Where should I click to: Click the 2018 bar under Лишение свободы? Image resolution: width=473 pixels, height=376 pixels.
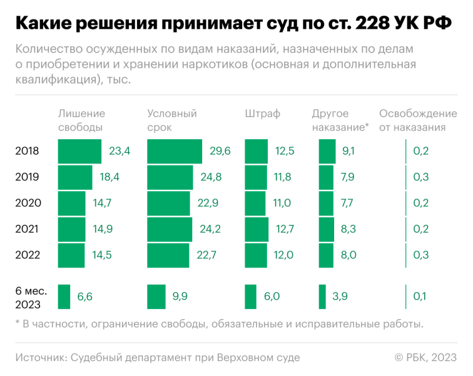(x=79, y=151)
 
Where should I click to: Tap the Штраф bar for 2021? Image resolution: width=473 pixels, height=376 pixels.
(x=257, y=229)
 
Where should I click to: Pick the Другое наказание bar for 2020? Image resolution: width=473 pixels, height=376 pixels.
(x=326, y=203)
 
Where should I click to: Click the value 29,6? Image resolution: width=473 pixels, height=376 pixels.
(x=220, y=151)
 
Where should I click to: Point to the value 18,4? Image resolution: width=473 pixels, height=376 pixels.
(x=109, y=177)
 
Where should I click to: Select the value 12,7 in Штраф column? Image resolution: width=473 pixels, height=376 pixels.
(x=284, y=229)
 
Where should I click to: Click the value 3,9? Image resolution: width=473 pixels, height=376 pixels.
(x=340, y=296)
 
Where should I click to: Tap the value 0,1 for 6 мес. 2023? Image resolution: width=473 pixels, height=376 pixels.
(x=420, y=296)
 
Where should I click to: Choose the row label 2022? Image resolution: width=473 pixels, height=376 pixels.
(x=28, y=255)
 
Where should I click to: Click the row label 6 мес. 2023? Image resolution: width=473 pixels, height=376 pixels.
(x=28, y=296)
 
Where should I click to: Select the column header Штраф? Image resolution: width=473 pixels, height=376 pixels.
(x=262, y=114)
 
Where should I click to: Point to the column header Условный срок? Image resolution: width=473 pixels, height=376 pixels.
(x=172, y=120)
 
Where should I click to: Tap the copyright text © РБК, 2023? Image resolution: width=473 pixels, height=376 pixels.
(x=425, y=357)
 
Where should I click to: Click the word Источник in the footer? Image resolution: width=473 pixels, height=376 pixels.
(x=39, y=357)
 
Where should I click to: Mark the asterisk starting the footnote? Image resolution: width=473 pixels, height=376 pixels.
(x=18, y=323)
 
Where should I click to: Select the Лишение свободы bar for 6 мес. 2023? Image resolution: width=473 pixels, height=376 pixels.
(x=64, y=296)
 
